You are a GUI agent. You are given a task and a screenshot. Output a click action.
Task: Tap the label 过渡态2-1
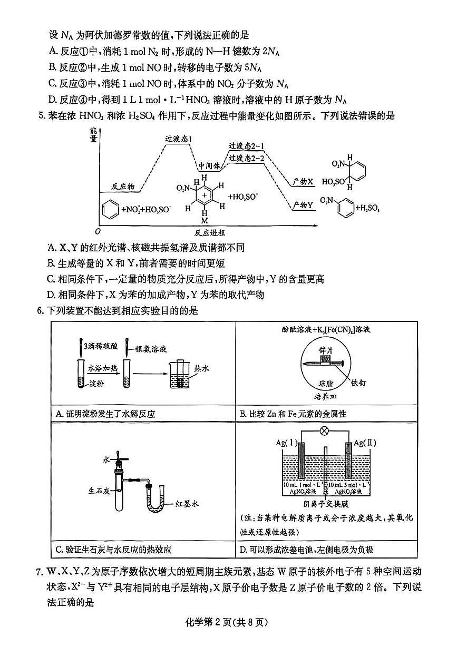pyautogui.click(x=247, y=146)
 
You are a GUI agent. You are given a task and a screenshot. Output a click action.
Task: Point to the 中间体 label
pyautogui.click(x=209, y=166)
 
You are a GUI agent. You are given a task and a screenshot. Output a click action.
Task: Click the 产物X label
pyautogui.click(x=303, y=181)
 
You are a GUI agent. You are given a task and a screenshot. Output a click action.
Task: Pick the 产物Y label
pyautogui.click(x=303, y=205)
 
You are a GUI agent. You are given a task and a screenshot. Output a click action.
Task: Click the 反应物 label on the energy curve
pyautogui.click(x=123, y=187)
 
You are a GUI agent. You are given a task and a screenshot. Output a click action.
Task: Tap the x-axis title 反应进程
pyautogui.click(x=209, y=232)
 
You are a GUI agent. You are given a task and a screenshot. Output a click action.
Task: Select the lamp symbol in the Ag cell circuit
pyautogui.click(x=325, y=430)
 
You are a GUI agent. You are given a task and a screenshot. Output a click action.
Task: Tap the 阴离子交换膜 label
pyautogui.click(x=325, y=503)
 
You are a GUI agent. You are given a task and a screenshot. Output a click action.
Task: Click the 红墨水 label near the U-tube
pyautogui.click(x=187, y=504)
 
